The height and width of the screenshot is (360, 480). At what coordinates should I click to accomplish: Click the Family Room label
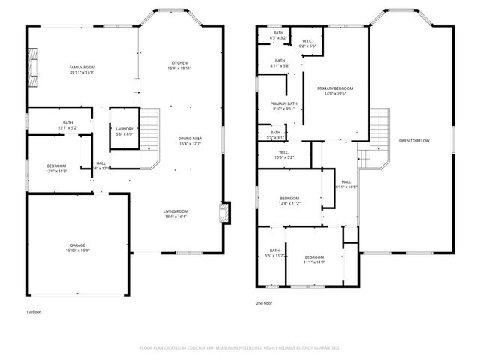click(82, 67)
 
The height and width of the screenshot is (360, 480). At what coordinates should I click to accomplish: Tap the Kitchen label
click(179, 62)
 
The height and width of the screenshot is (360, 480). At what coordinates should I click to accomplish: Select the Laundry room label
click(124, 129)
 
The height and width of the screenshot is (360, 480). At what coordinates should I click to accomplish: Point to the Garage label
click(78, 245)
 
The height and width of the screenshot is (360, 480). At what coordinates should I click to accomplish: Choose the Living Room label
click(176, 211)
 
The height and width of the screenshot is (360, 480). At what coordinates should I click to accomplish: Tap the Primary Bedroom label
click(334, 88)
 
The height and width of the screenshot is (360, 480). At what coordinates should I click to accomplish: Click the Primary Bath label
click(284, 103)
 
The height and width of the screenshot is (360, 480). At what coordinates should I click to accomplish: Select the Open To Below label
click(414, 140)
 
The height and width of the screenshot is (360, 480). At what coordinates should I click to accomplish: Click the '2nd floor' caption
click(264, 303)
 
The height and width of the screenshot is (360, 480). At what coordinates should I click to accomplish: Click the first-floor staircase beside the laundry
click(151, 129)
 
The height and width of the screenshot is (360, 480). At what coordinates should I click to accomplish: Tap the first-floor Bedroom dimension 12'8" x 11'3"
click(57, 172)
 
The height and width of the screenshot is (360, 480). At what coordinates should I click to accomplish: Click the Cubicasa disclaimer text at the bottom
click(240, 348)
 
